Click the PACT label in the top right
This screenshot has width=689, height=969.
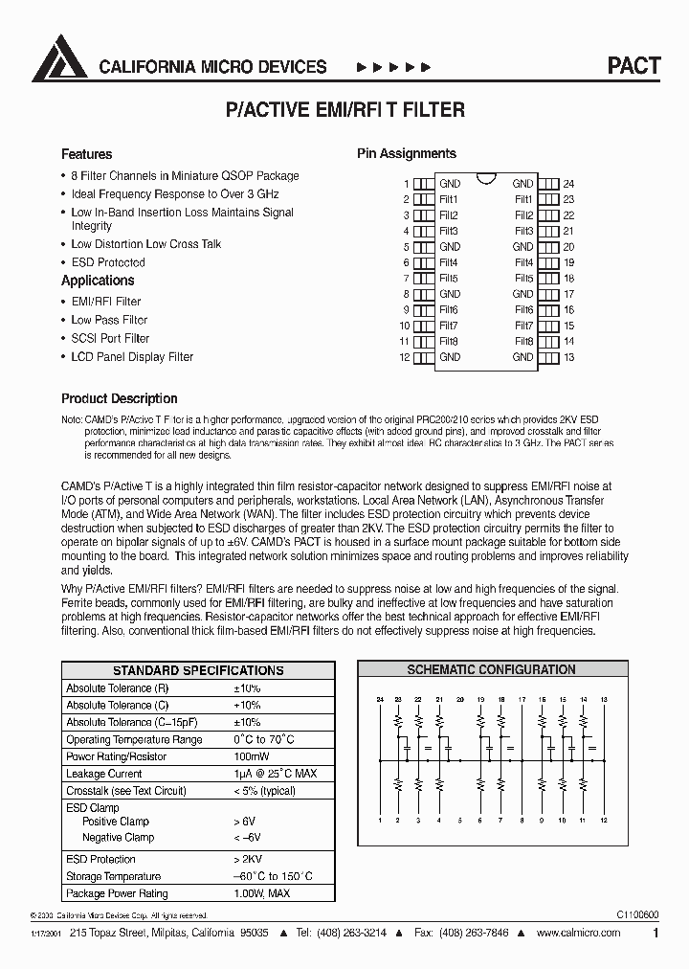coord(633,66)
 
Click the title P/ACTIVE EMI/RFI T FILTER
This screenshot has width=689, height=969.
coord(344,110)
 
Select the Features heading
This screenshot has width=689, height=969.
coord(86,154)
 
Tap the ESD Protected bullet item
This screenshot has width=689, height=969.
coord(108,262)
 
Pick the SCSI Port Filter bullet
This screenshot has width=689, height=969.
coord(110,338)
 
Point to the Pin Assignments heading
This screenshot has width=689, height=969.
coord(406,153)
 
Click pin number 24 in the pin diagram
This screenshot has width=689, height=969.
coord(568,184)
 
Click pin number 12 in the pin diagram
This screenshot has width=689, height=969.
coord(404,358)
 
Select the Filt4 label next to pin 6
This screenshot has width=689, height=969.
coord(448,262)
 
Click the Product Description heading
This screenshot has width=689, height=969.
coord(119,398)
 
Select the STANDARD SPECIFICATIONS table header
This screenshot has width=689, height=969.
coord(198,670)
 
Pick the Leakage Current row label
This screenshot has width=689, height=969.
coord(103,774)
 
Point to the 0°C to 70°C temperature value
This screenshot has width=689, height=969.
coord(263,739)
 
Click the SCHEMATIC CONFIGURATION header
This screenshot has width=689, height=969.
coord(491,670)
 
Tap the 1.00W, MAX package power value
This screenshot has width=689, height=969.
coord(261,893)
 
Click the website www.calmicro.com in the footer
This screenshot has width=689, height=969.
coord(584,932)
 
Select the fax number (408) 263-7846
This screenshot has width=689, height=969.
coord(482,932)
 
